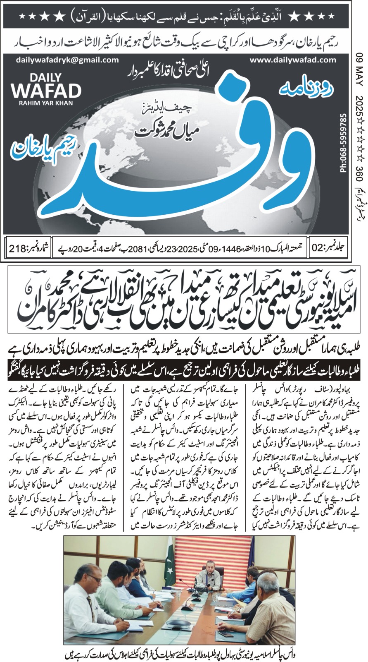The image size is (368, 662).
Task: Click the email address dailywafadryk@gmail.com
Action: pyautogui.click(x=68, y=60)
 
